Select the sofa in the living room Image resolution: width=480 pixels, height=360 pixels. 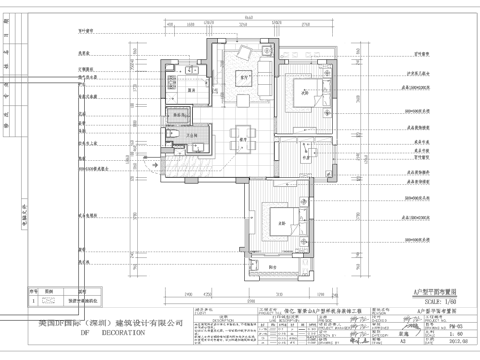(241, 58)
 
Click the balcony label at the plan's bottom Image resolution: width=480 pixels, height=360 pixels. (277, 267)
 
